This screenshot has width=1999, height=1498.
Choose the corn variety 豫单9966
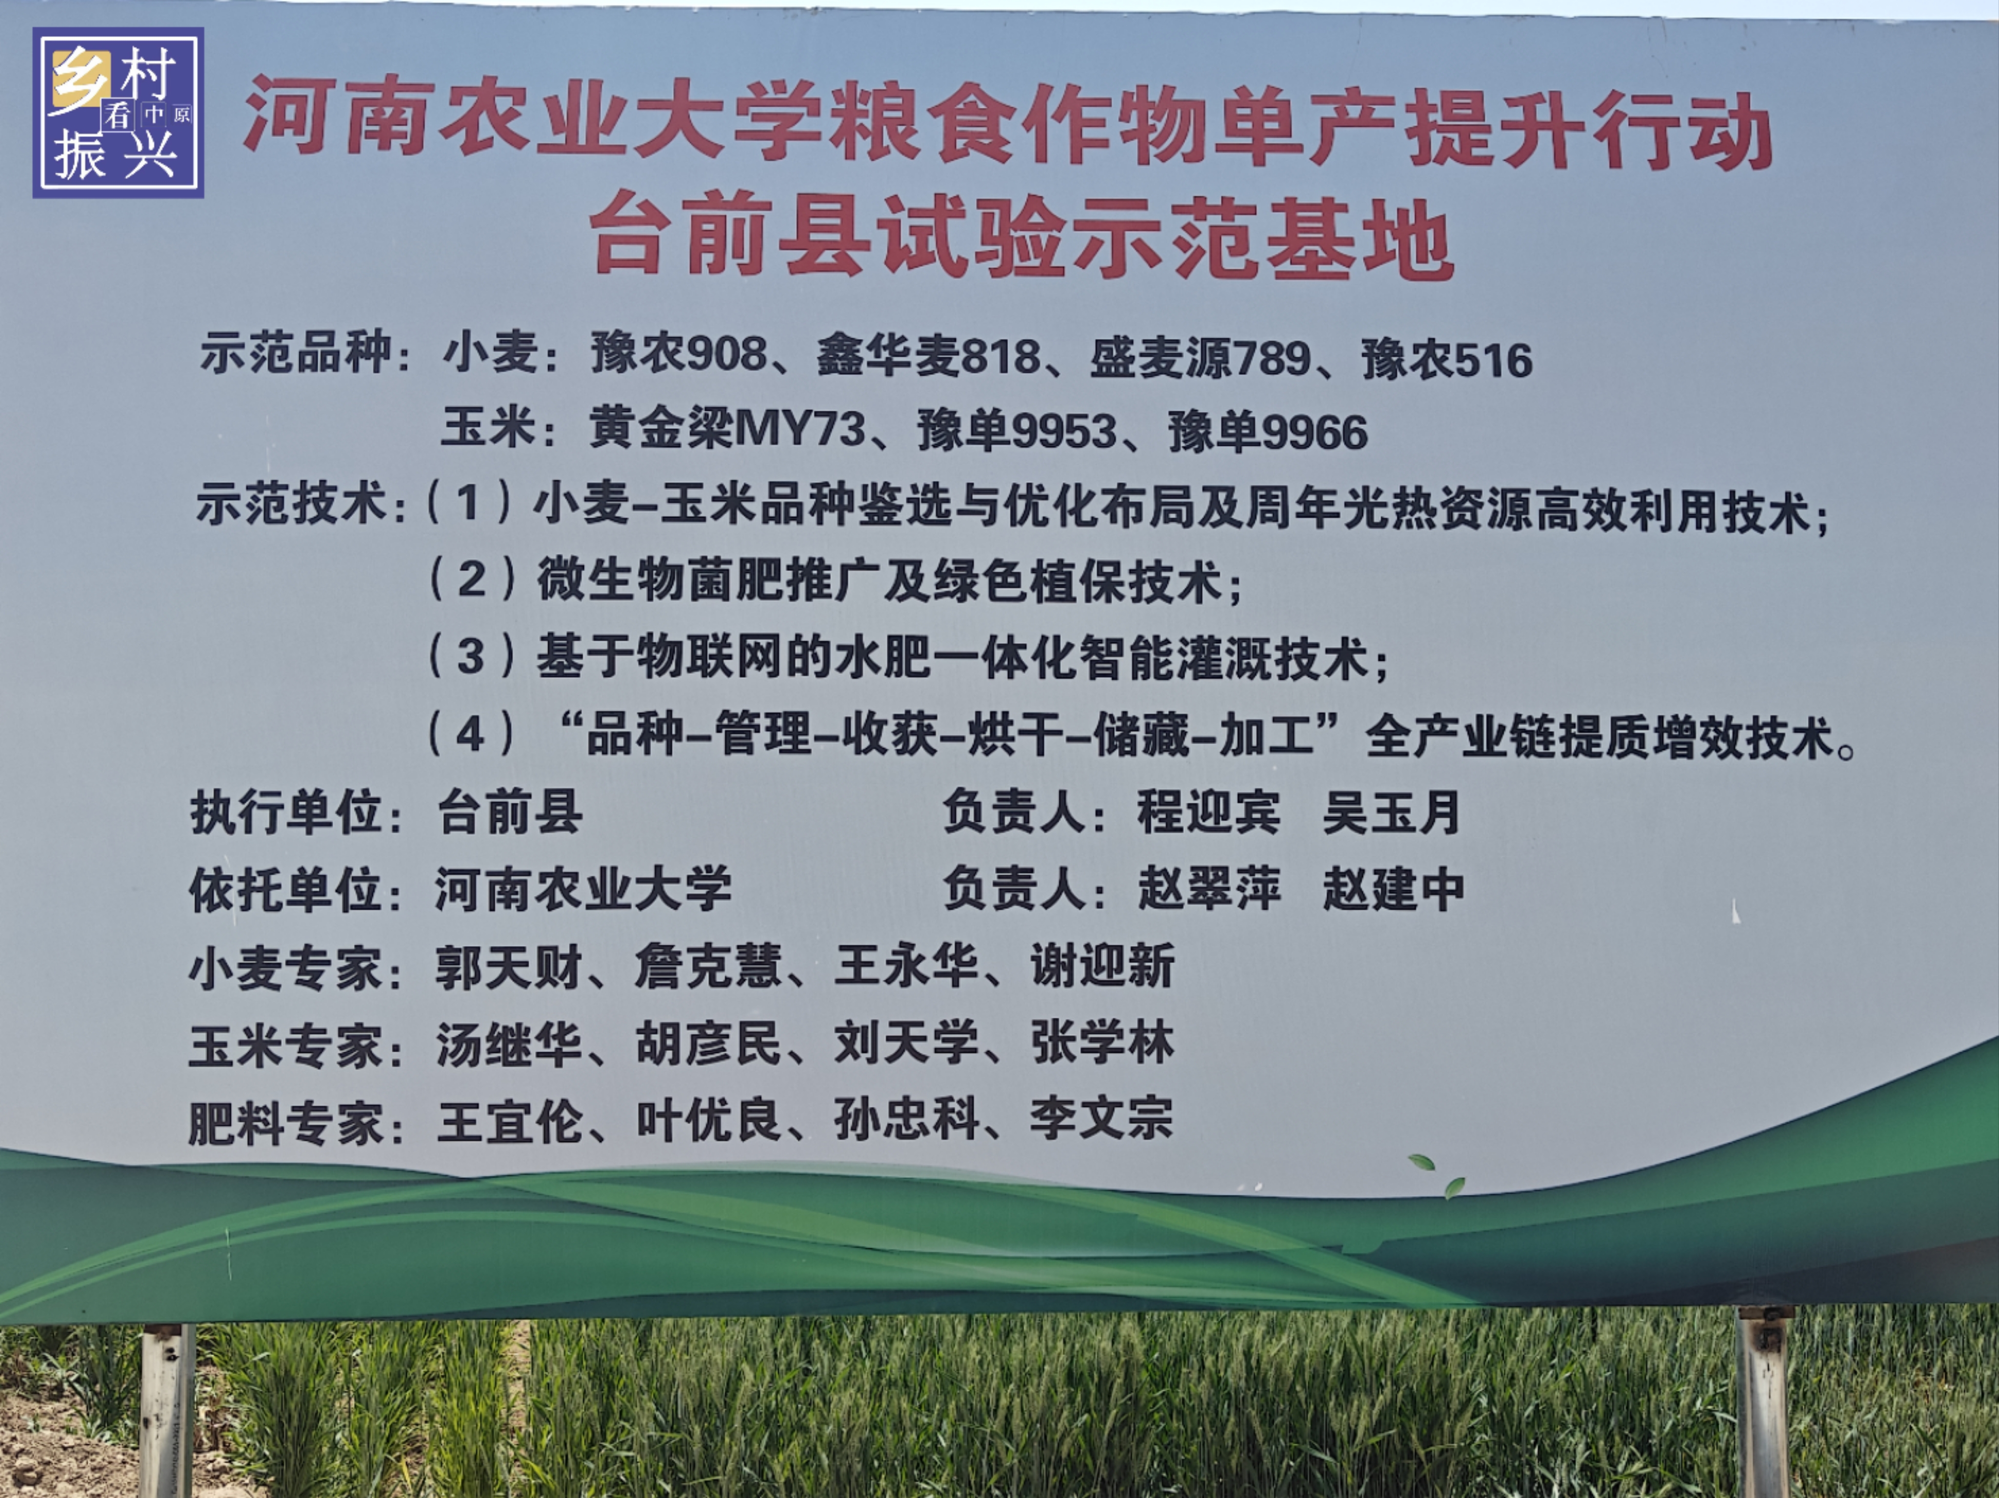point(1268,432)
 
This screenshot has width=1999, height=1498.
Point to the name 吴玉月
point(1392,811)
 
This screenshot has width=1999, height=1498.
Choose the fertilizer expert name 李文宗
point(1101,1119)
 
